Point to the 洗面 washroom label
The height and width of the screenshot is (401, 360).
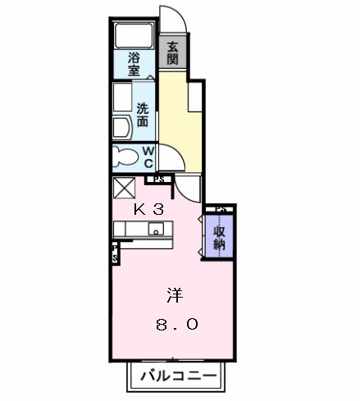tap(143, 114)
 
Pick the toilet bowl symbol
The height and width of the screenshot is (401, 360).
tap(128, 156)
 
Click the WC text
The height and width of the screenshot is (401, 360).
tap(148, 156)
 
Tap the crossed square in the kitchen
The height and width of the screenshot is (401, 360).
tap(124, 188)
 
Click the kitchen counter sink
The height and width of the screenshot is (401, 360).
tap(157, 230)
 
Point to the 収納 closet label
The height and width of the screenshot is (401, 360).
tap(220, 237)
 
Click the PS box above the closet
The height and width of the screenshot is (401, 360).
tap(221, 210)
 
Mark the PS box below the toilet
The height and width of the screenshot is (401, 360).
tap(158, 178)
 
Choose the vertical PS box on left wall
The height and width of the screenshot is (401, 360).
tap(116, 253)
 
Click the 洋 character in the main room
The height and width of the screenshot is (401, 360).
tap(174, 293)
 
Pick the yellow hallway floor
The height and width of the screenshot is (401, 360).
tap(175, 115)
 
